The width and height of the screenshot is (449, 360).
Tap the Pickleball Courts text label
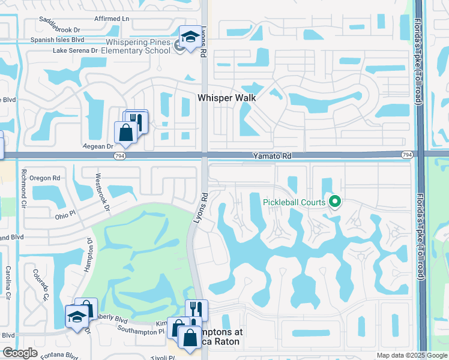click(x=294, y=202)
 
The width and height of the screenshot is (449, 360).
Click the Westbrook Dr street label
click(x=101, y=193)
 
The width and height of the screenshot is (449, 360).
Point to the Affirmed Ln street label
click(x=112, y=19)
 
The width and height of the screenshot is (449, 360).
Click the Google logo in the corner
click(x=20, y=353)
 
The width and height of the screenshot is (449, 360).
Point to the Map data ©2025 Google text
click(x=411, y=355)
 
